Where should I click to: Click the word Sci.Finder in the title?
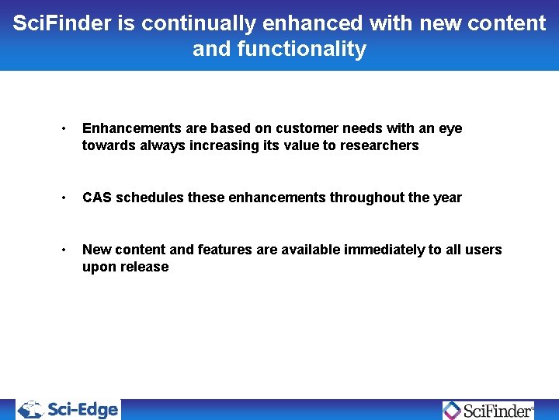coord(62,23)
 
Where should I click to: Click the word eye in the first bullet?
coord(450,128)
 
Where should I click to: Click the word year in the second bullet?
coord(447,198)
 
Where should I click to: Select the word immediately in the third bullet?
coord(383,250)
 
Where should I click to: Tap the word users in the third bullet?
coord(484,250)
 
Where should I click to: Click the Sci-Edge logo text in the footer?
coord(82,409)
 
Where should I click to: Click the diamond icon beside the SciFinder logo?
coord(452,410)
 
